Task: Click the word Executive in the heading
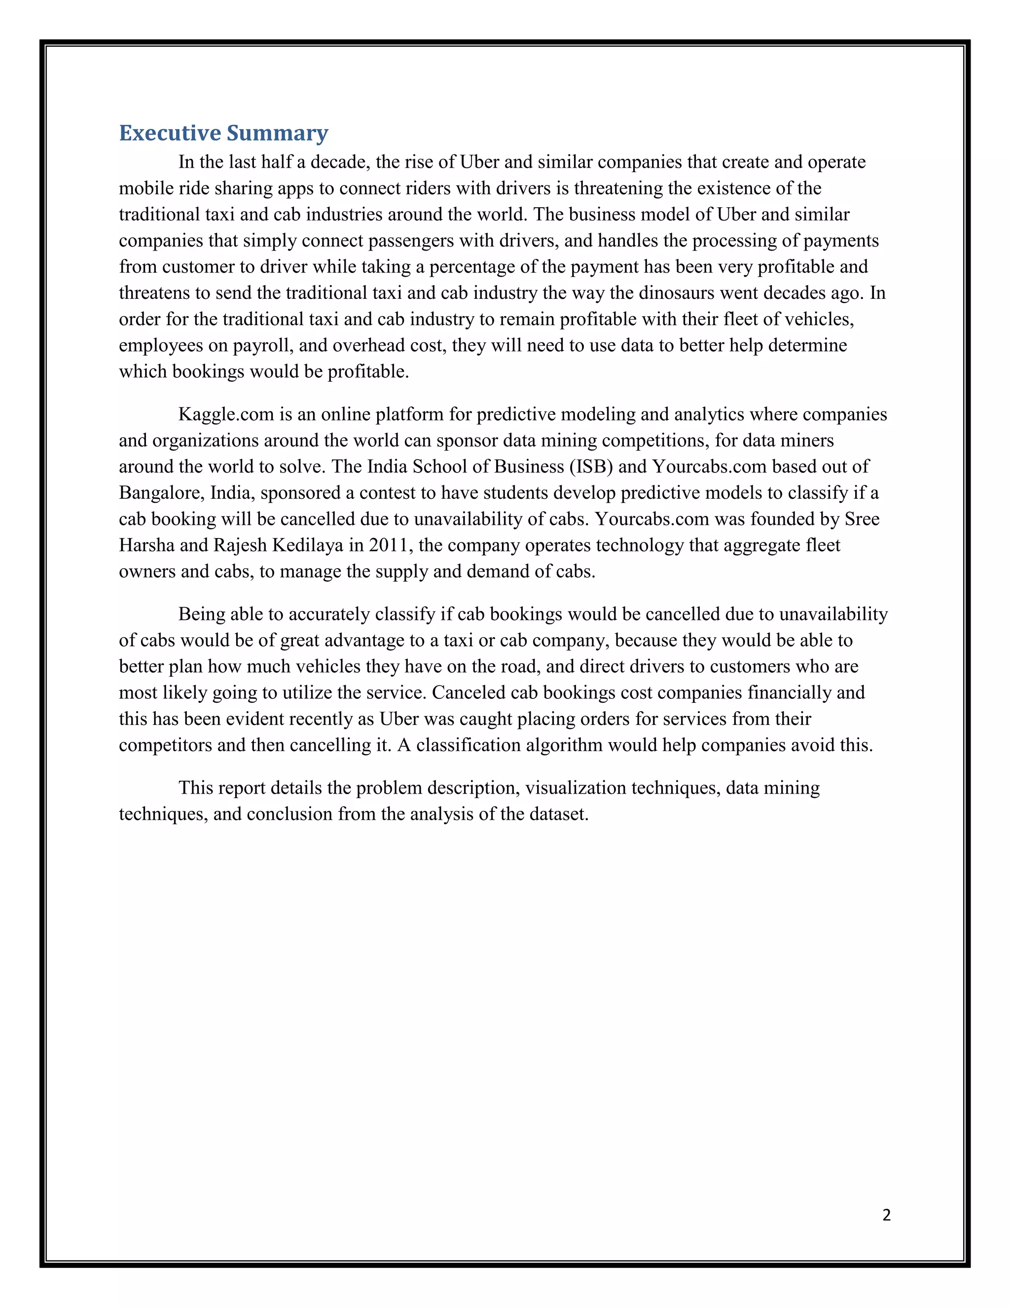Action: [x=169, y=133]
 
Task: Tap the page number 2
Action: [x=886, y=1214]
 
